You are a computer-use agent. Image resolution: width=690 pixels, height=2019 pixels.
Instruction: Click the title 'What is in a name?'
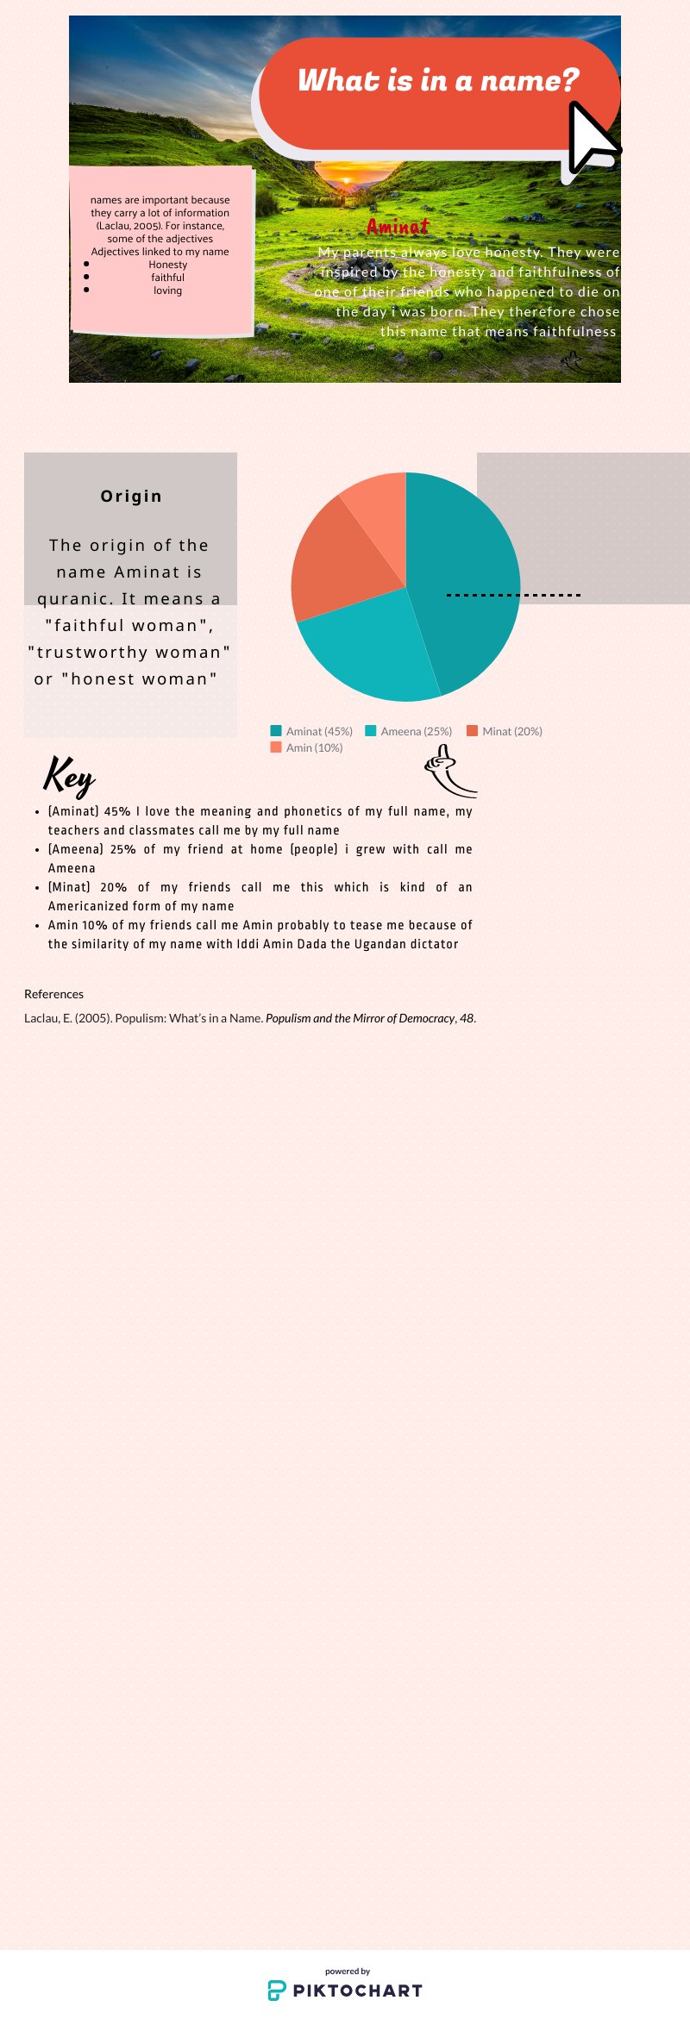pyautogui.click(x=438, y=81)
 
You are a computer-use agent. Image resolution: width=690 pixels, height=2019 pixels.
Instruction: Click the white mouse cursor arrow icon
pyautogui.click(x=592, y=138)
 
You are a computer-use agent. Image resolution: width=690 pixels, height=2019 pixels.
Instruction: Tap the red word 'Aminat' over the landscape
pyautogui.click(x=398, y=227)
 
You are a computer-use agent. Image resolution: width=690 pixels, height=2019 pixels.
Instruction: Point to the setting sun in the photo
pyautogui.click(x=347, y=180)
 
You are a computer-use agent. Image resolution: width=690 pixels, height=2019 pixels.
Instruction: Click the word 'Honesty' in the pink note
pyautogui.click(x=167, y=265)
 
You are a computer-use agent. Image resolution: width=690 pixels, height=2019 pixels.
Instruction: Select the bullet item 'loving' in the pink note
pyautogui.click(x=167, y=291)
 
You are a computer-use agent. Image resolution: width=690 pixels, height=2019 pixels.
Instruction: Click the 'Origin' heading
pyautogui.click(x=131, y=496)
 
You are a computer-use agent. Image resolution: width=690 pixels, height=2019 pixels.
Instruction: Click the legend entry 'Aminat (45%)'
pyautogui.click(x=312, y=731)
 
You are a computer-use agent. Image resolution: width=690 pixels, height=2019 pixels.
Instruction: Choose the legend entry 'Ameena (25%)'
pyautogui.click(x=409, y=731)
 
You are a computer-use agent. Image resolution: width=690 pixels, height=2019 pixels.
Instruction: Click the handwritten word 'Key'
pyautogui.click(x=68, y=775)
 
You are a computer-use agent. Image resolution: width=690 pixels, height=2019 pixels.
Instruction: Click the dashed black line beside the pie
pyautogui.click(x=513, y=595)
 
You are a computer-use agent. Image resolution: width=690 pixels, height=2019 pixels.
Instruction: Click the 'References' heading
pyautogui.click(x=53, y=994)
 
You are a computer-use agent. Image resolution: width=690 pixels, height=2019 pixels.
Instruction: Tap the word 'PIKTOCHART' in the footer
pyautogui.click(x=357, y=1991)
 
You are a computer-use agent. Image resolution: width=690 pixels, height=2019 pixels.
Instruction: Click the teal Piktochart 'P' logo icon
pyautogui.click(x=276, y=1990)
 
